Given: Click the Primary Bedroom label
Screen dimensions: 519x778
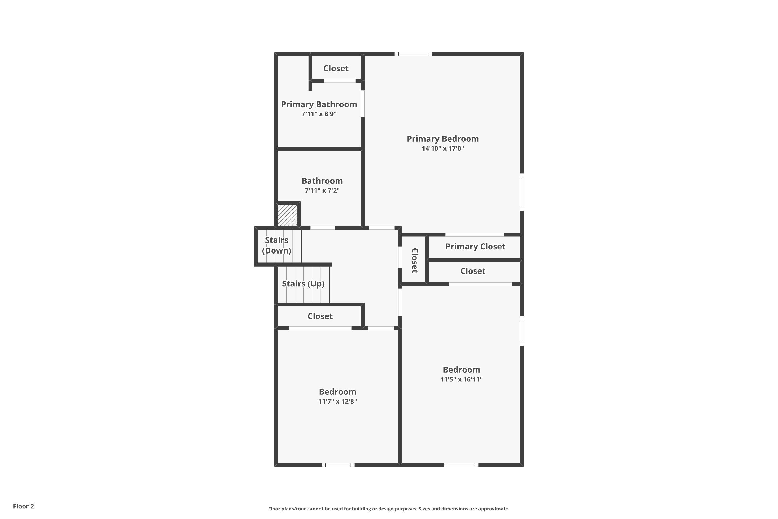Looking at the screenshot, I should click(443, 139).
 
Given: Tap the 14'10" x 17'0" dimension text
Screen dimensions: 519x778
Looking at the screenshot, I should click(443, 148).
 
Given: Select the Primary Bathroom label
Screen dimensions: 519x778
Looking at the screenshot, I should click(319, 104).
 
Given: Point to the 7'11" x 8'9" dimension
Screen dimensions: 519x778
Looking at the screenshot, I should click(319, 114).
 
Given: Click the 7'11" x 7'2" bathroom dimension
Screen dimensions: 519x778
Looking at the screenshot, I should click(322, 190).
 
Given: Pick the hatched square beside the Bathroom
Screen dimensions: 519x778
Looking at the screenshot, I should click(287, 215).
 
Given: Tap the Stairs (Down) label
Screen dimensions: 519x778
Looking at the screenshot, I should click(276, 245).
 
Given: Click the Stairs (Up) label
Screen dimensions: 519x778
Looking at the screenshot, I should click(303, 284).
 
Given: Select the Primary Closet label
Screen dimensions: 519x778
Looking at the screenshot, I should click(475, 247).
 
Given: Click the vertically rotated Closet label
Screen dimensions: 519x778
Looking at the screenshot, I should click(414, 261).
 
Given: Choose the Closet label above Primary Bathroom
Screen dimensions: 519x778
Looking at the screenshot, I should click(336, 69).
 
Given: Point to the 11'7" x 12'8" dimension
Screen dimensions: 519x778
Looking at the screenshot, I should click(337, 401).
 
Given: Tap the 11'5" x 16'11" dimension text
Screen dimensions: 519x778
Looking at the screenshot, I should click(461, 379).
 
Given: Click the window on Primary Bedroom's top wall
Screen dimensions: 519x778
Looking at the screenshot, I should click(413, 54).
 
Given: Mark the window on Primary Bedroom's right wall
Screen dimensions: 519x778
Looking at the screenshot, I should click(522, 192).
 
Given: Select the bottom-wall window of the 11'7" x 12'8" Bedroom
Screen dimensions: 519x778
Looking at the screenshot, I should click(338, 465).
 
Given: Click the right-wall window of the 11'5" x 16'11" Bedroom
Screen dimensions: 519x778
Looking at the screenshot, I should click(522, 331).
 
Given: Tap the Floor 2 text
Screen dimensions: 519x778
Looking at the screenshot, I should click(24, 506).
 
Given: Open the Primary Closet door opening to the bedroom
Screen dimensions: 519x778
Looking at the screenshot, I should click(474, 235).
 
